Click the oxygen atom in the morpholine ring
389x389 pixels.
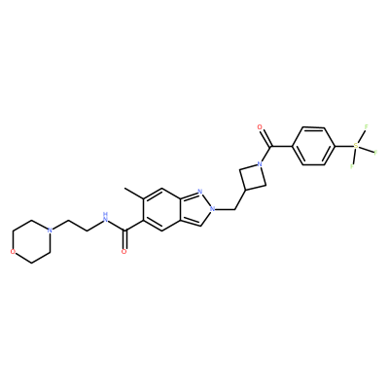point(13,252)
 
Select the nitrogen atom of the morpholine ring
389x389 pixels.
point(50,230)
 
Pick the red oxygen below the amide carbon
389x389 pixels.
point(124,252)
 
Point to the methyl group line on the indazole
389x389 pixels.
point(134,194)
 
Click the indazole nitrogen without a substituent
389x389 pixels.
point(199,192)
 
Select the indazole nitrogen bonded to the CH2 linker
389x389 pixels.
point(212,209)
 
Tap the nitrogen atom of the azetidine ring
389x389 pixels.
point(259,164)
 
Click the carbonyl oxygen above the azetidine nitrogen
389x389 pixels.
point(260,126)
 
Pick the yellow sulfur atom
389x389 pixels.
point(356,146)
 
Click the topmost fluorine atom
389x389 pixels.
point(367,126)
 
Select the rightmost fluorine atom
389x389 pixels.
point(375,153)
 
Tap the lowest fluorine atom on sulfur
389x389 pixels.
point(351,166)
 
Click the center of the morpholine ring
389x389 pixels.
point(31,241)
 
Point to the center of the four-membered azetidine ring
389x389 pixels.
point(253,177)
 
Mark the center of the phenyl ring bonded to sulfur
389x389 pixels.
point(313,146)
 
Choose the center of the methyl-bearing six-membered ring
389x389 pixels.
point(161,209)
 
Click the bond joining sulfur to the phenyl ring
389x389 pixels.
point(343,146)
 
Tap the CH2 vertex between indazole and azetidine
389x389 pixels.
point(234,209)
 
